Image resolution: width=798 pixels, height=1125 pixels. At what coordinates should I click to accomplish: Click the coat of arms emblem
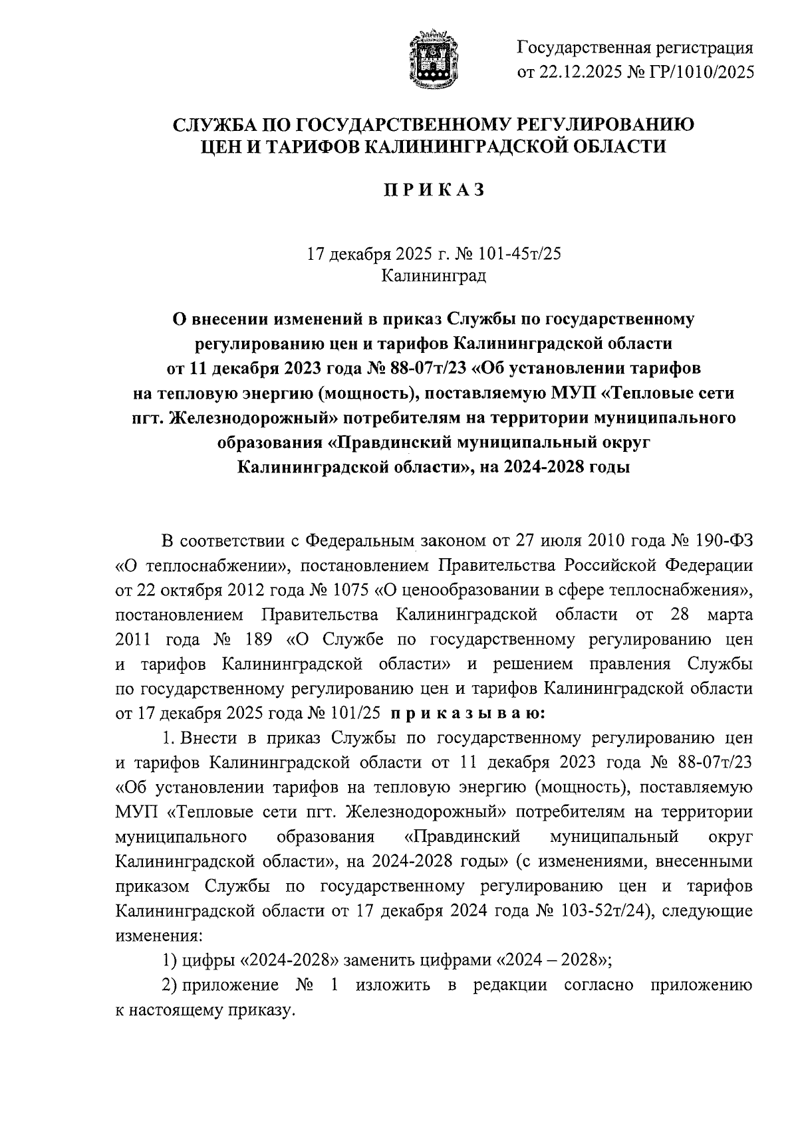click(433, 59)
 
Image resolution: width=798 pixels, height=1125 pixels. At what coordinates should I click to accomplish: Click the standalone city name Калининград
click(434, 276)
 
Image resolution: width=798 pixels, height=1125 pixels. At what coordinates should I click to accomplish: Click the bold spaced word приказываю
click(467, 714)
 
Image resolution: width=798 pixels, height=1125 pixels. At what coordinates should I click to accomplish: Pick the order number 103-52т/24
click(595, 911)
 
